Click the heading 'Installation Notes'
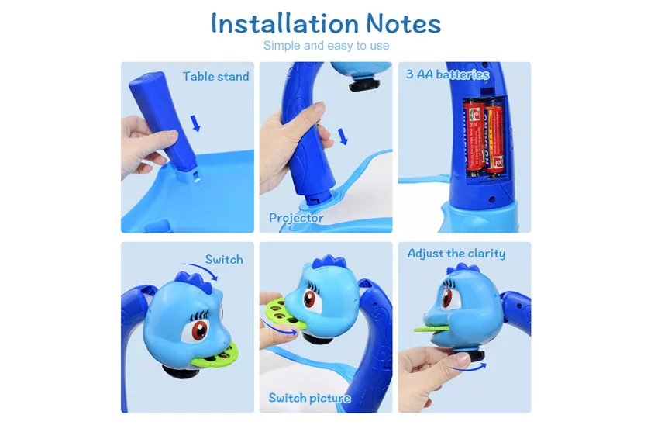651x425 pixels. point(326,23)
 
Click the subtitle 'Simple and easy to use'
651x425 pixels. point(326,45)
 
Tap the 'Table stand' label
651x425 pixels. point(216,77)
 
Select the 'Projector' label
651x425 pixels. point(296,218)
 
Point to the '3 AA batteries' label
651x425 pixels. point(448,74)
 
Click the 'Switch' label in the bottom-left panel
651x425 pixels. point(224,259)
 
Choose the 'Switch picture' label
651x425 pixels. point(310,398)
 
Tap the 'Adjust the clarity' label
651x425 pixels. point(456,254)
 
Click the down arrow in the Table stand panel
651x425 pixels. point(195,123)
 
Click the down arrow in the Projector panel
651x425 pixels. point(343,136)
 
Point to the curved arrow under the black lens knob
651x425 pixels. point(468,368)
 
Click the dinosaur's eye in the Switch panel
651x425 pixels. point(199,330)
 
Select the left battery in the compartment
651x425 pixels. point(474,135)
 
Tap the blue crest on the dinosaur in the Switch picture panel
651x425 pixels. point(329,261)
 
